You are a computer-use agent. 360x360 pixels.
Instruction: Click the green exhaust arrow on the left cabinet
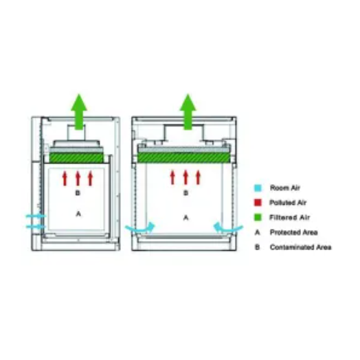pos(79,112)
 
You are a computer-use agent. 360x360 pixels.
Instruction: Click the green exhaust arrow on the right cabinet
pos(188,112)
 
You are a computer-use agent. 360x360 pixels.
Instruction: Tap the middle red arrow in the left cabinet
pos(78,179)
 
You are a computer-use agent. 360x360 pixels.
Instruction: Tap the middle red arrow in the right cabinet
pos(185,177)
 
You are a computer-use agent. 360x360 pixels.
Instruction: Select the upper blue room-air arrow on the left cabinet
pos(36,216)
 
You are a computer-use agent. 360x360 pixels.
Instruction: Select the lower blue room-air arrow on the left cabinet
pos(36,227)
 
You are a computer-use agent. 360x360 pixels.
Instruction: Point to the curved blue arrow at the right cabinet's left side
pos(140,229)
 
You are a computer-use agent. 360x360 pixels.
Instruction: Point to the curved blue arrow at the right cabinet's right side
pos(228,228)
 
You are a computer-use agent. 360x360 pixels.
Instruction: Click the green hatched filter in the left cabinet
pos(76,158)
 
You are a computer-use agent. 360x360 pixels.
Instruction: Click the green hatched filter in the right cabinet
pos(183,157)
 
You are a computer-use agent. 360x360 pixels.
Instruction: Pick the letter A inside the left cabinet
pos(78,214)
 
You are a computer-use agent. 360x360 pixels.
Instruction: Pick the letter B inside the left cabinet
pos(78,193)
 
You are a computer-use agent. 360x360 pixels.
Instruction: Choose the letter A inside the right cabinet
pos(186,217)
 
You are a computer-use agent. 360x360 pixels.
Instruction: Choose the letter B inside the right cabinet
pos(185,193)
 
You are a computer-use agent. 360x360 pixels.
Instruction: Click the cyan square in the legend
pos(258,188)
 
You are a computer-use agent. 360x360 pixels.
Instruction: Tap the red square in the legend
pos(258,203)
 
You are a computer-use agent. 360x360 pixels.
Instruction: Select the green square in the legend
pos(258,217)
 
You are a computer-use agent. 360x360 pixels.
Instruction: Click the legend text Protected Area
pos(293,232)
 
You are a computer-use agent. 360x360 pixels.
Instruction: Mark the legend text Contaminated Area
pos(300,247)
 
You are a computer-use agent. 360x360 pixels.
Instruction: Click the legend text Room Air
pos(285,188)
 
